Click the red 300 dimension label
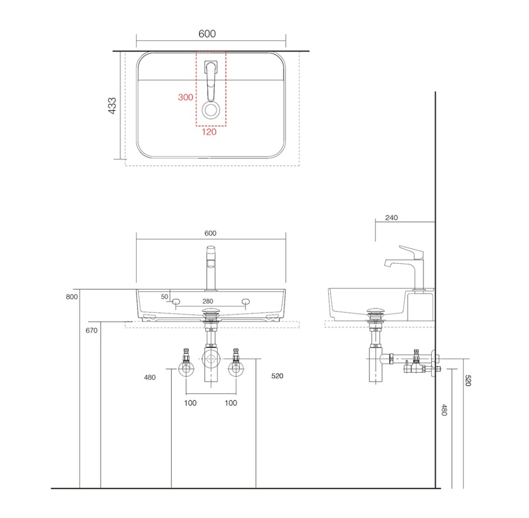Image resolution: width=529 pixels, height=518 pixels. [x=185, y=97]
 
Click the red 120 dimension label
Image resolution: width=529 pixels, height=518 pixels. [x=209, y=132]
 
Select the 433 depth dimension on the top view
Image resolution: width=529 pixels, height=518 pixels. [x=112, y=105]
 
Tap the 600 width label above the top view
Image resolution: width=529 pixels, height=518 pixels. [x=207, y=34]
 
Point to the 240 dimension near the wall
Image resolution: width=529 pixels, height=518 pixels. [x=391, y=218]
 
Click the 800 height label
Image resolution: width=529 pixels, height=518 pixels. [x=71, y=297]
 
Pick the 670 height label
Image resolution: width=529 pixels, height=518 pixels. [x=92, y=331]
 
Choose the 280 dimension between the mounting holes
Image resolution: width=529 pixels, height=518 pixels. [x=208, y=301]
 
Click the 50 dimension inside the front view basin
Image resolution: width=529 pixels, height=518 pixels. [x=165, y=297]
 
